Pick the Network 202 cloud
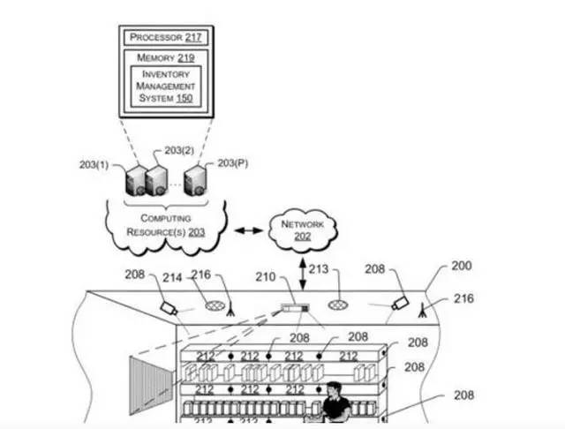coord(303,230)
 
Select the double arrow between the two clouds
coord(248,231)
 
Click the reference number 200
coord(461,266)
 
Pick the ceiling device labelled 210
coord(293,309)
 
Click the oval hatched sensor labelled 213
coord(339,305)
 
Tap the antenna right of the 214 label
coord(228,305)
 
